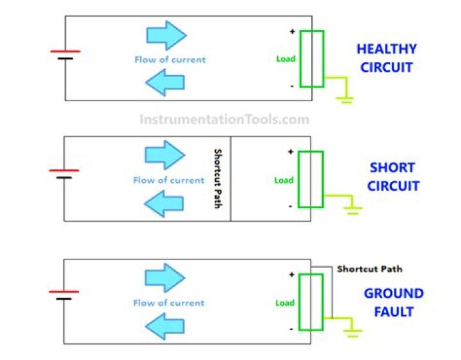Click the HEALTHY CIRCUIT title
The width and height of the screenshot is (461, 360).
(387, 58)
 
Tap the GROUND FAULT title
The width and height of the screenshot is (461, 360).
(394, 303)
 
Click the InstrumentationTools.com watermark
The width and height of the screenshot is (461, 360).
(224, 119)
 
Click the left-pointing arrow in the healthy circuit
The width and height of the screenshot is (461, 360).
(165, 82)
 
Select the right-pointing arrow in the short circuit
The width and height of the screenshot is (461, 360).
(165, 155)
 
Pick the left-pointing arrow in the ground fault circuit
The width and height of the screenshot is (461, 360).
(165, 328)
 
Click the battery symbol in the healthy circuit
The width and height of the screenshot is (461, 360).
(65, 54)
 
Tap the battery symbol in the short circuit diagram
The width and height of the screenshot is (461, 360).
(64, 174)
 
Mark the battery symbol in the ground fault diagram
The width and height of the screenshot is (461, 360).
(64, 295)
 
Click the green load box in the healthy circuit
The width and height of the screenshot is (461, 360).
(312, 58)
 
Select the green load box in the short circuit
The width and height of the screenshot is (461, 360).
(311, 179)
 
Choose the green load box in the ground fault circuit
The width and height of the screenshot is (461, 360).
(311, 302)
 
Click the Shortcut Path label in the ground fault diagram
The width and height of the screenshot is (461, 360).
(369, 269)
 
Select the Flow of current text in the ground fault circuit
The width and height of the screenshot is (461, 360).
(168, 303)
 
